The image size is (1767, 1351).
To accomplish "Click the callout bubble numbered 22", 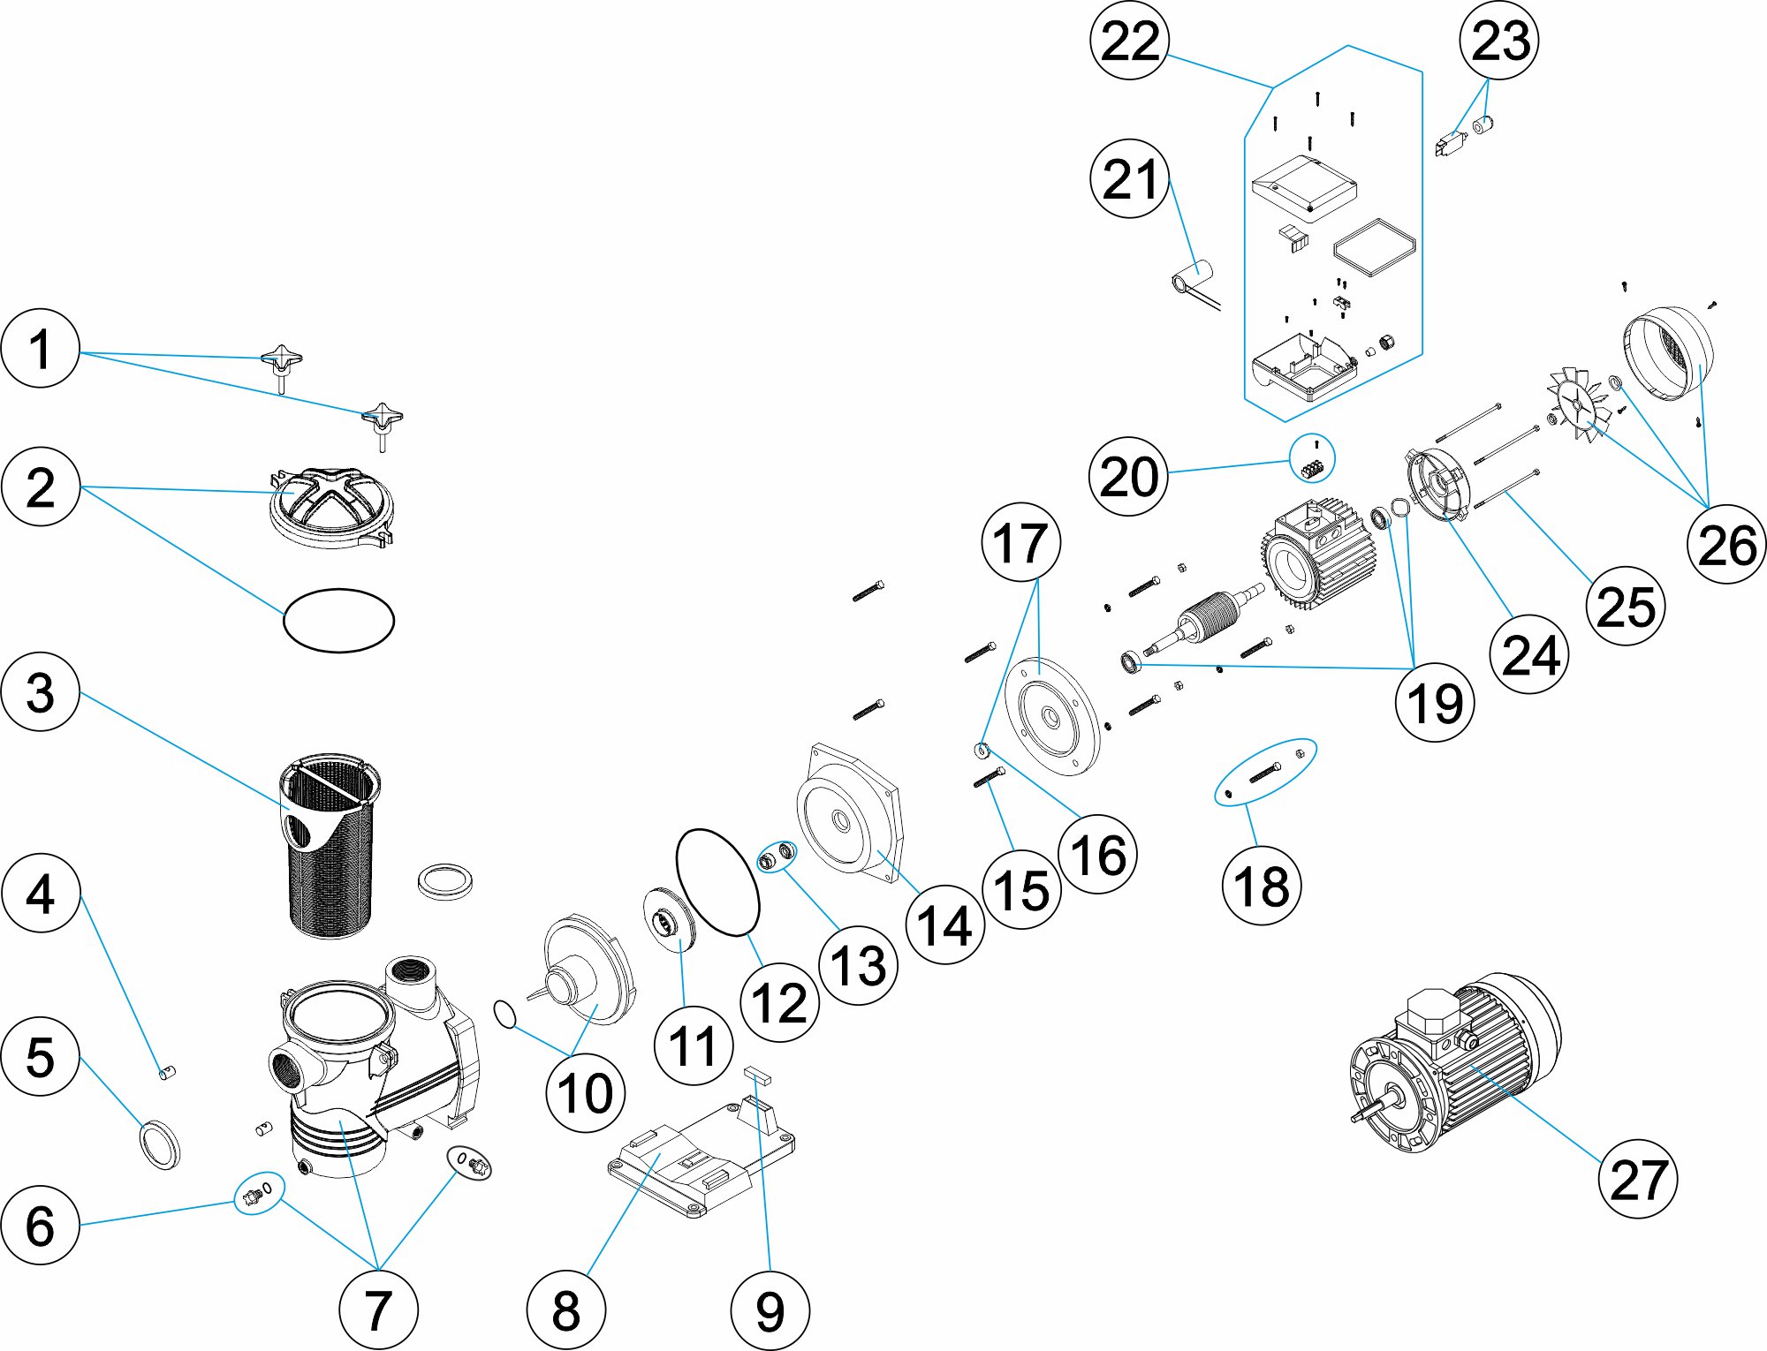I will click(1130, 41).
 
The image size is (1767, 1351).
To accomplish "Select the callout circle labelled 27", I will click(1638, 1180).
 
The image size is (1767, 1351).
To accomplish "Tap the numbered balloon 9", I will click(770, 1310).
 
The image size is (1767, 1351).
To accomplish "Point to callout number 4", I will click(41, 893).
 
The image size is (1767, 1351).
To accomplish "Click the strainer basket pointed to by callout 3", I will click(329, 848).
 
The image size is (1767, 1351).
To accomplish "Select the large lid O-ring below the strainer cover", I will click(338, 620).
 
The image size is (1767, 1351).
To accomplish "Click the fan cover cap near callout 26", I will click(1668, 353).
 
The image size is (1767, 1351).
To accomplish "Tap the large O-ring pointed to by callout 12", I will click(717, 880).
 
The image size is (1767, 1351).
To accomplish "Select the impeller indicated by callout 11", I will click(669, 919).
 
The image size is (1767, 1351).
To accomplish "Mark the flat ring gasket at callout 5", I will click(160, 1143).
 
